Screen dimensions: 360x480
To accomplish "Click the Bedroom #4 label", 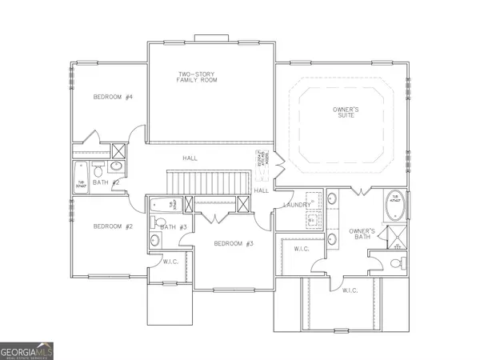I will tap(112, 97).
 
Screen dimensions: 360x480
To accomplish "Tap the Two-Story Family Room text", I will tap(199, 78).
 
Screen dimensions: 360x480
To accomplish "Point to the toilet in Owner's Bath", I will tap(394, 263).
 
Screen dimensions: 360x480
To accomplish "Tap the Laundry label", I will tap(297, 206).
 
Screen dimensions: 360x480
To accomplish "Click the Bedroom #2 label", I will tap(111, 226).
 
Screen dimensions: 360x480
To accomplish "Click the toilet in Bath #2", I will tap(98, 170).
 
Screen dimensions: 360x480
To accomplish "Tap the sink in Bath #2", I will tap(117, 167).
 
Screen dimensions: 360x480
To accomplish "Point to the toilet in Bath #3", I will tap(158, 223).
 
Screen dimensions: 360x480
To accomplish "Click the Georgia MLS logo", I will tap(27, 350).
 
